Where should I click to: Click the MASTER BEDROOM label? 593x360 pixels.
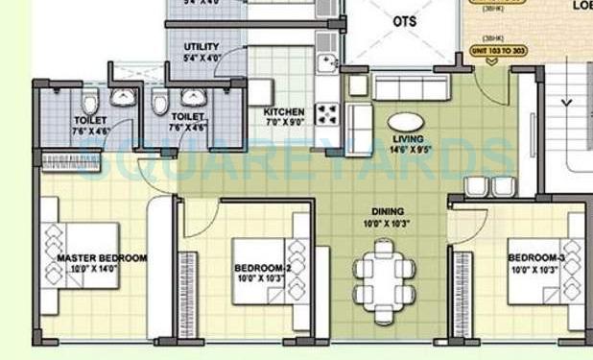click(101, 258)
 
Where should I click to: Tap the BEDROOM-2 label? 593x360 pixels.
click(262, 268)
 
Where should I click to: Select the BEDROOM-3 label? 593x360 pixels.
click(536, 258)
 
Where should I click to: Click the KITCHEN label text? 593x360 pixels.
click(283, 112)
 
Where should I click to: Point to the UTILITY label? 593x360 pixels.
click(201, 46)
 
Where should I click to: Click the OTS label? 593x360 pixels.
click(404, 20)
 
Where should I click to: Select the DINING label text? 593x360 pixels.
click(389, 211)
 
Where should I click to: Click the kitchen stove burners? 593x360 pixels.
click(326, 115)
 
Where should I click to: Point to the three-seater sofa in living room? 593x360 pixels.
click(410, 89)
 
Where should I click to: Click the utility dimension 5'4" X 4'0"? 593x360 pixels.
click(201, 58)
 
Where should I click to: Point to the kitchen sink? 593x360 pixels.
click(327, 64)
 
